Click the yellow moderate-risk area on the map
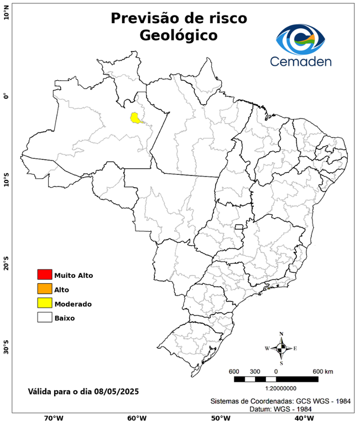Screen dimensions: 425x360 [135, 117]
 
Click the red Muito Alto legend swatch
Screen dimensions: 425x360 [44, 274]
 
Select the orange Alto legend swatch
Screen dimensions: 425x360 [44, 289]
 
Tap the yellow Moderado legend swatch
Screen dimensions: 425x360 [44, 303]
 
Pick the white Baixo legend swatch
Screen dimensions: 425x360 [44, 318]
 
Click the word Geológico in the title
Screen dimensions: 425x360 [178, 35]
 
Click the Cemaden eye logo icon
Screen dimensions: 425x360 [302, 39]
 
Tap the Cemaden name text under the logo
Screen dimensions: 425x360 [301, 61]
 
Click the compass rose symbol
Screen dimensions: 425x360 [281, 348]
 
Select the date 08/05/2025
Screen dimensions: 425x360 [115, 391]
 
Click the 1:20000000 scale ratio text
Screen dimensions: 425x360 [276, 388]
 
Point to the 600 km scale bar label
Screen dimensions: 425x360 [322, 371]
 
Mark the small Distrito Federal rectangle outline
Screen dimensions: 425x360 [239, 227]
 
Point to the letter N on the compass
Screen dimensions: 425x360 [281, 334]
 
